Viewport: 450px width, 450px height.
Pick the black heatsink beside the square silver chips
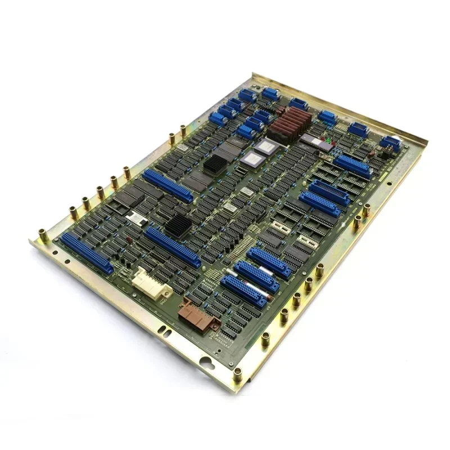coord(213,164)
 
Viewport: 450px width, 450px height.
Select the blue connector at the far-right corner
coord(391,143)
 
